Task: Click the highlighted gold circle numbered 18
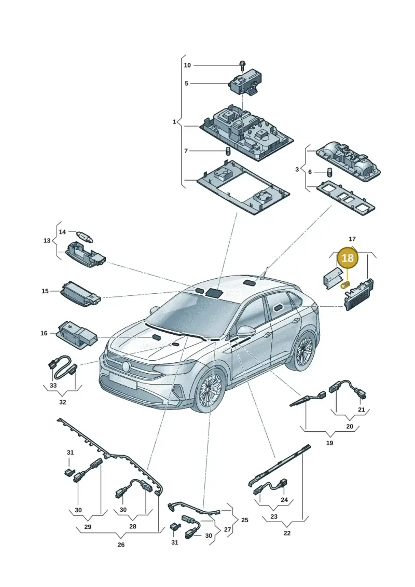[348, 258]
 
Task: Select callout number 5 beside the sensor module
[186, 84]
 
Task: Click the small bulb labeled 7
[227, 151]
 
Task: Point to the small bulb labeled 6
[330, 172]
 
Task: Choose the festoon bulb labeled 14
[85, 236]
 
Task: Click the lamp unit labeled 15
[80, 294]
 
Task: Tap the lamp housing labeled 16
[77, 334]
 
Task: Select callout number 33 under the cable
[53, 385]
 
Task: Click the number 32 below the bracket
[62, 402]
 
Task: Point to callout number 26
[121, 544]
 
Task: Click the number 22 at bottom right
[287, 533]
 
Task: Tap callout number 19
[329, 443]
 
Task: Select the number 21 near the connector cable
[361, 409]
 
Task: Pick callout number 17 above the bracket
[352, 239]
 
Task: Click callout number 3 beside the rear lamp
[297, 170]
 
